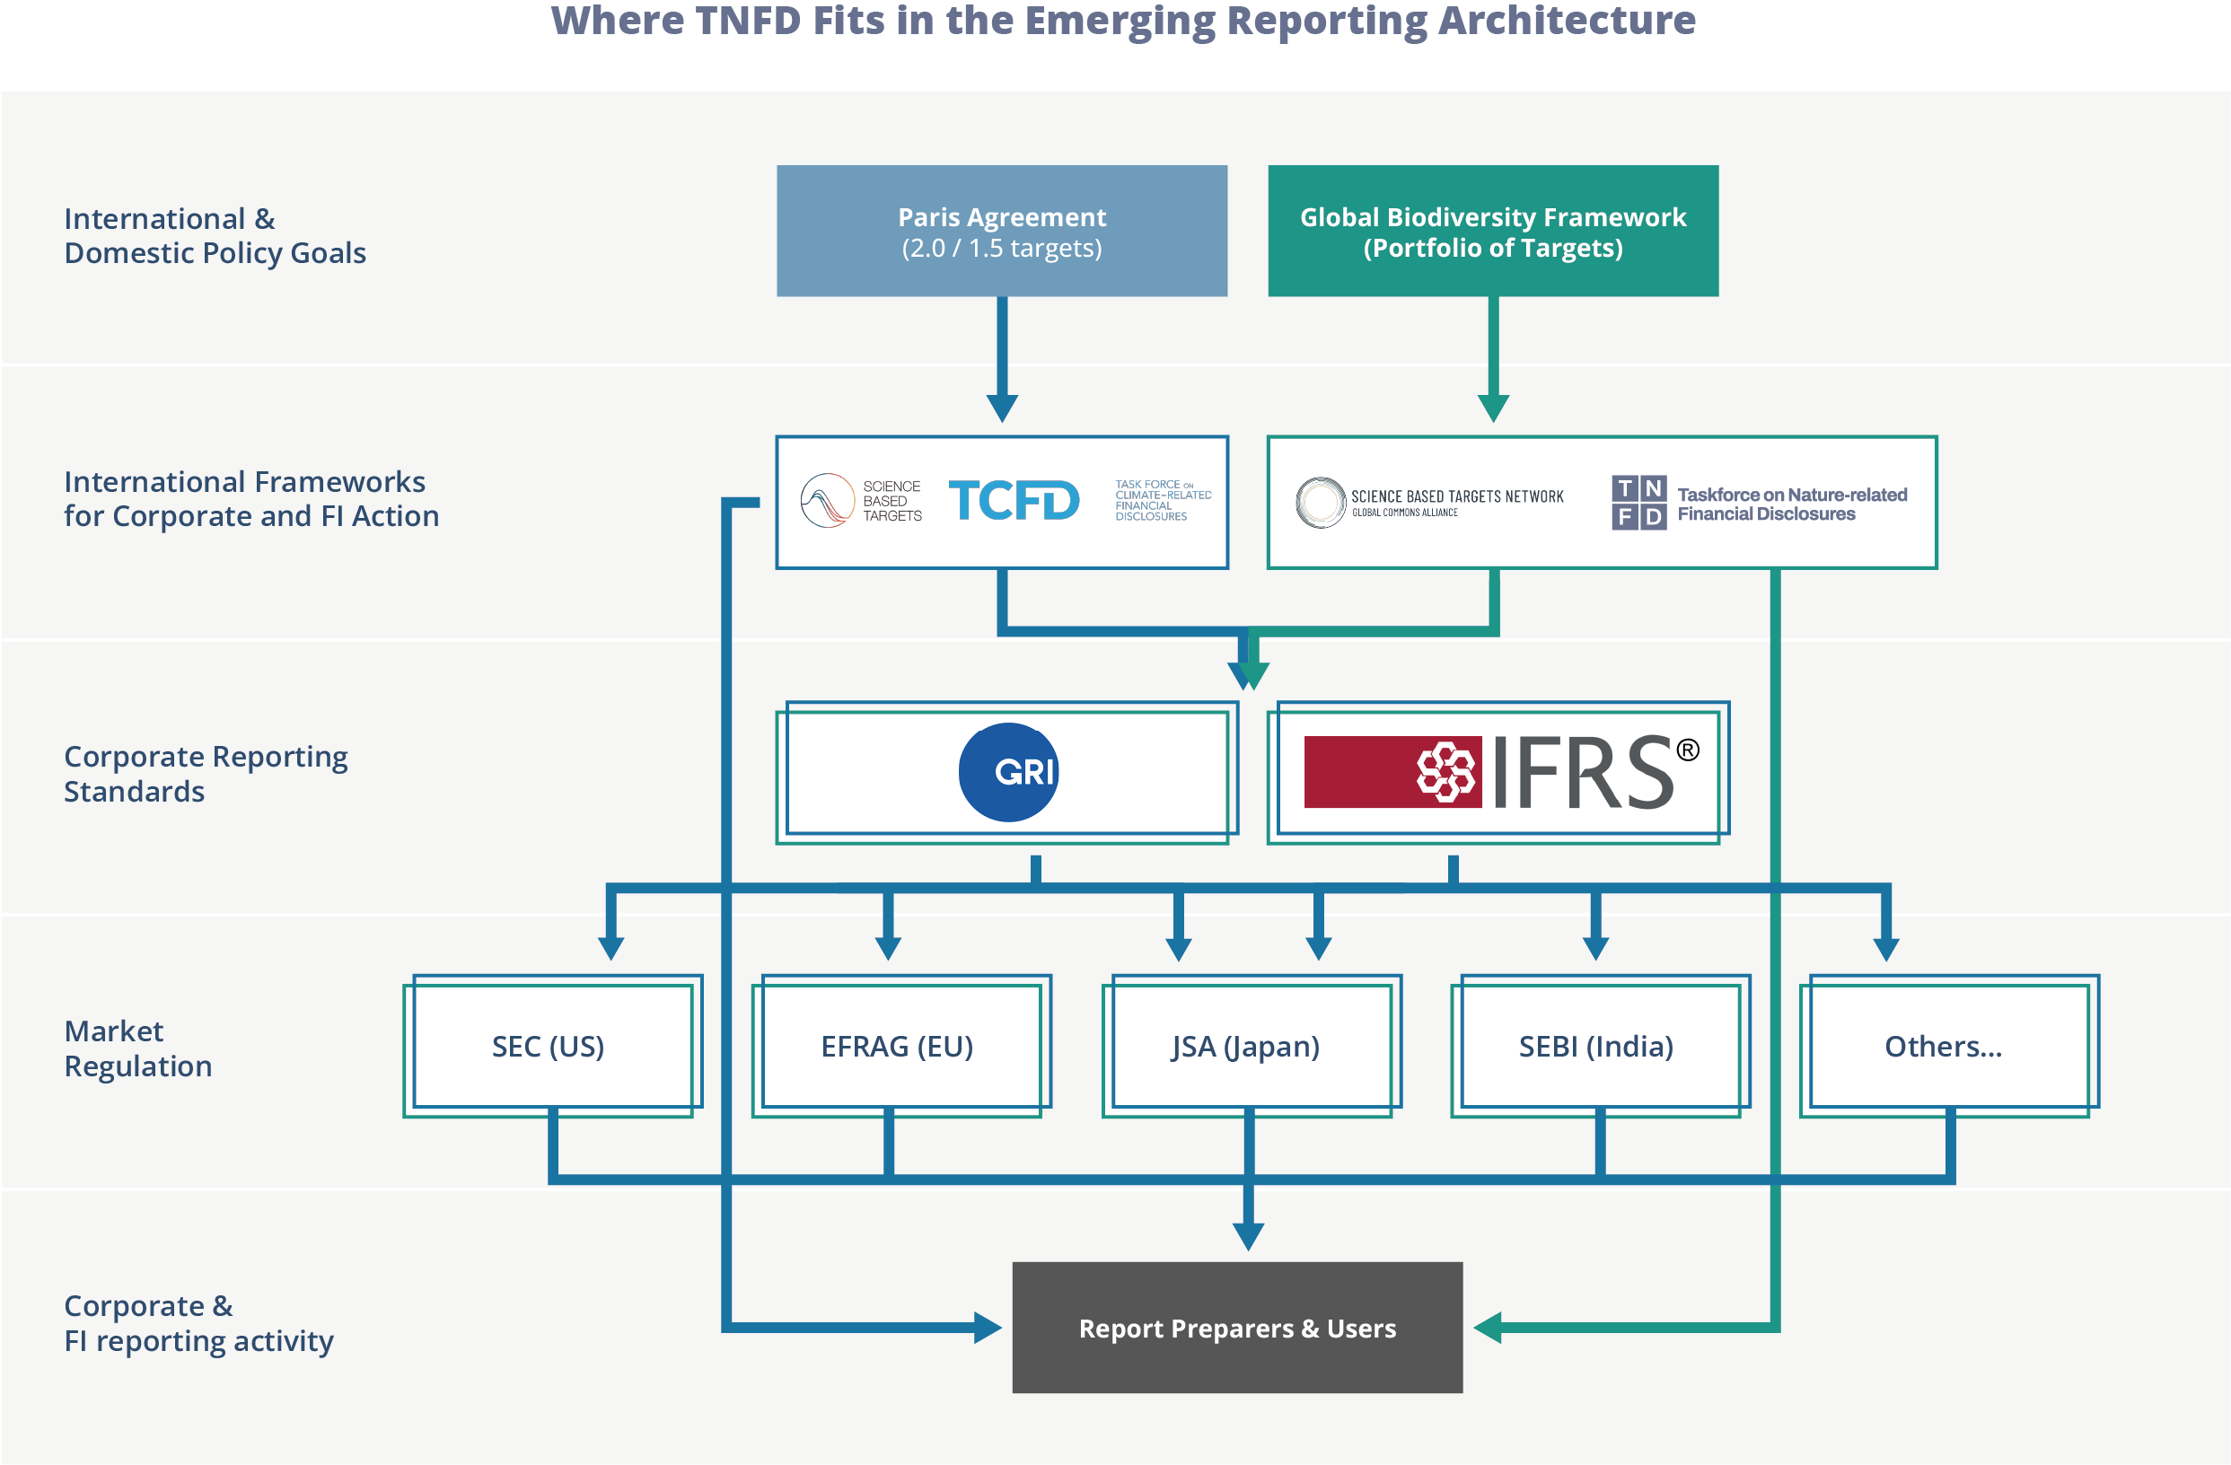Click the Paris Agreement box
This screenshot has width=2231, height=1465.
point(1001,232)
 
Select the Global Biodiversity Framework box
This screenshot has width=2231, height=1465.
point(1492,232)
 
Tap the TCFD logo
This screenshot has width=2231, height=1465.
point(1014,501)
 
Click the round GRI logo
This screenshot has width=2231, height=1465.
point(1008,772)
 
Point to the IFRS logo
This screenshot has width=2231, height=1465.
point(1500,772)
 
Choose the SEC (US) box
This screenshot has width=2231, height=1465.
point(549,1046)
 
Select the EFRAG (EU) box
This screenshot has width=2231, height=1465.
point(897,1046)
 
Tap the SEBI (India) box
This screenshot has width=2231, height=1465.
point(1595,1046)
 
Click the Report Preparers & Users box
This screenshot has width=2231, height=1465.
point(1237,1328)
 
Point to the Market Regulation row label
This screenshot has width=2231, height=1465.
point(137,1048)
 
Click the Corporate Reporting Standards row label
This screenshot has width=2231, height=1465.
point(206,773)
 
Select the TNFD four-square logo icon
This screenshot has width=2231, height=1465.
point(1638,503)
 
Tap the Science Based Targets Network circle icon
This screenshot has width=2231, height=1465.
point(1321,503)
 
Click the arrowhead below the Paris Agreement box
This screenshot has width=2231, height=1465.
point(1002,408)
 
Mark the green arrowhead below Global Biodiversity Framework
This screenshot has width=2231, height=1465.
point(1493,408)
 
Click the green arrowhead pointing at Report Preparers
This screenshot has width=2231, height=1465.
point(1489,1328)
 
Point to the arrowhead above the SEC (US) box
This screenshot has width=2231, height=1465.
point(611,947)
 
